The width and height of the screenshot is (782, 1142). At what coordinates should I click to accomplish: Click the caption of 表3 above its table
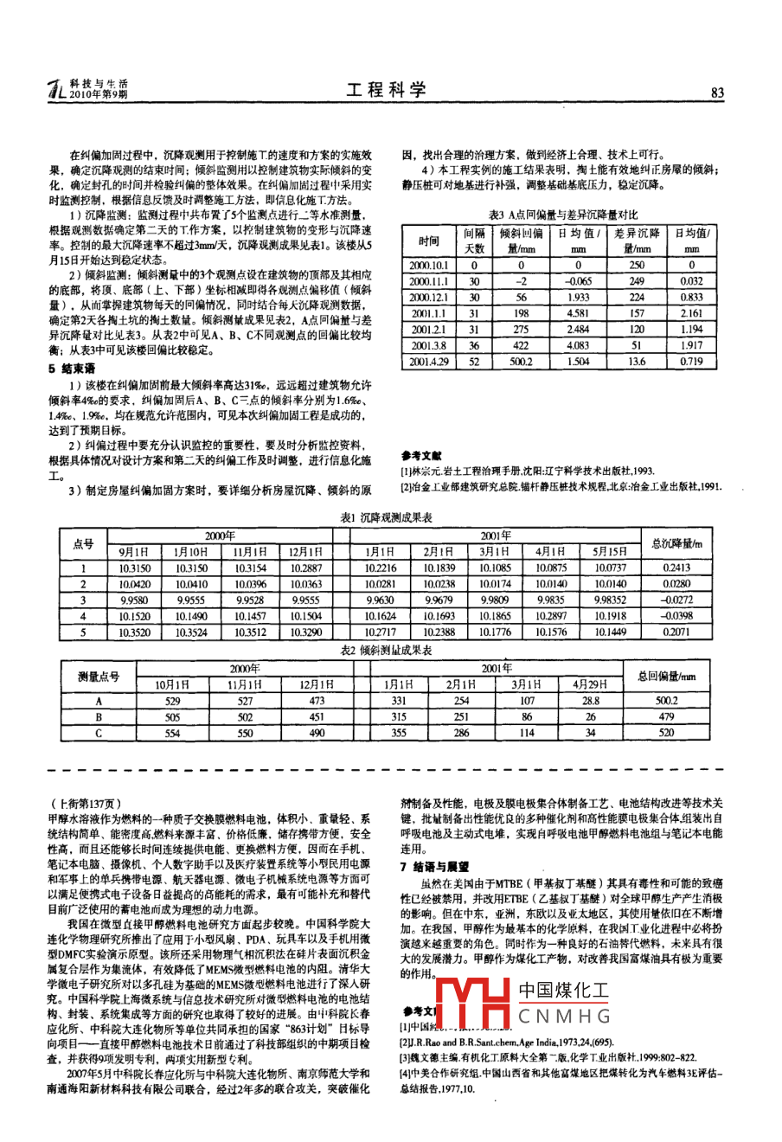click(563, 214)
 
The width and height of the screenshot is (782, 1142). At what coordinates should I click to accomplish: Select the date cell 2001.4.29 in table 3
click(429, 362)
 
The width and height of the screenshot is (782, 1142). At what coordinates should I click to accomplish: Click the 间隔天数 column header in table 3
click(474, 241)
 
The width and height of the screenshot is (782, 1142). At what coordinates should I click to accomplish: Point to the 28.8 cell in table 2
click(591, 701)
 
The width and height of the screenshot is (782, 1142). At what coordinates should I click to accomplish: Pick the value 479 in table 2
click(666, 717)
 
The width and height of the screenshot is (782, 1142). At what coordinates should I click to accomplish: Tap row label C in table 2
click(99, 733)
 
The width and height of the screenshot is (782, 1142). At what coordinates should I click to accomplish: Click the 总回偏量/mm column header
click(666, 676)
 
